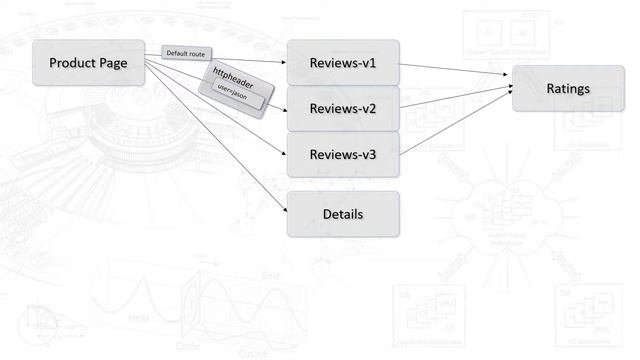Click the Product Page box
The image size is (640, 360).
88,63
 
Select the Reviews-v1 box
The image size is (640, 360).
343,62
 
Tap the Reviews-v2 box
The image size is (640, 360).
343,108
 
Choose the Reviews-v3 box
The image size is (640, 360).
343,154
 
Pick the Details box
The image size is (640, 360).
343,214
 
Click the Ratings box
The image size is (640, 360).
568,89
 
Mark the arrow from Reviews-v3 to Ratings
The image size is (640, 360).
456,125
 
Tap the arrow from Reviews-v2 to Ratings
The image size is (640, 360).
456,99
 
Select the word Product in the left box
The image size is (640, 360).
73,63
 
